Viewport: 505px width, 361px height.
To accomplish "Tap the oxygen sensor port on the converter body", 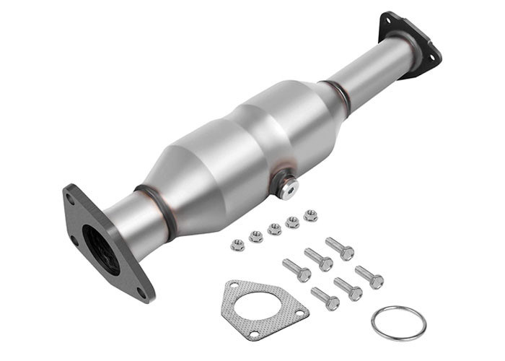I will click(287, 188).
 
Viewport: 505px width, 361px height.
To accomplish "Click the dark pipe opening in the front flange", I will click(100, 249).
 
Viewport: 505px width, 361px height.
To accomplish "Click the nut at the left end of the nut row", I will click(237, 245).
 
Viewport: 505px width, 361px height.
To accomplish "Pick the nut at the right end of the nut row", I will click(310, 214).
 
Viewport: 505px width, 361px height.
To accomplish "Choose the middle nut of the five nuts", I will click(274, 229).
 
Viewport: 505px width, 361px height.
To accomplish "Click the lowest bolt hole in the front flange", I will click(141, 292).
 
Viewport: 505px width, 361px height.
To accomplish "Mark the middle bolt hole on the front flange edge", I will click(74, 241).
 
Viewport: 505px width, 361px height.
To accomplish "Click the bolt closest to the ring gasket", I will click(369, 277).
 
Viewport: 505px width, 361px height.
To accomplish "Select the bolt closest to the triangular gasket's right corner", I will click(324, 297).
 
